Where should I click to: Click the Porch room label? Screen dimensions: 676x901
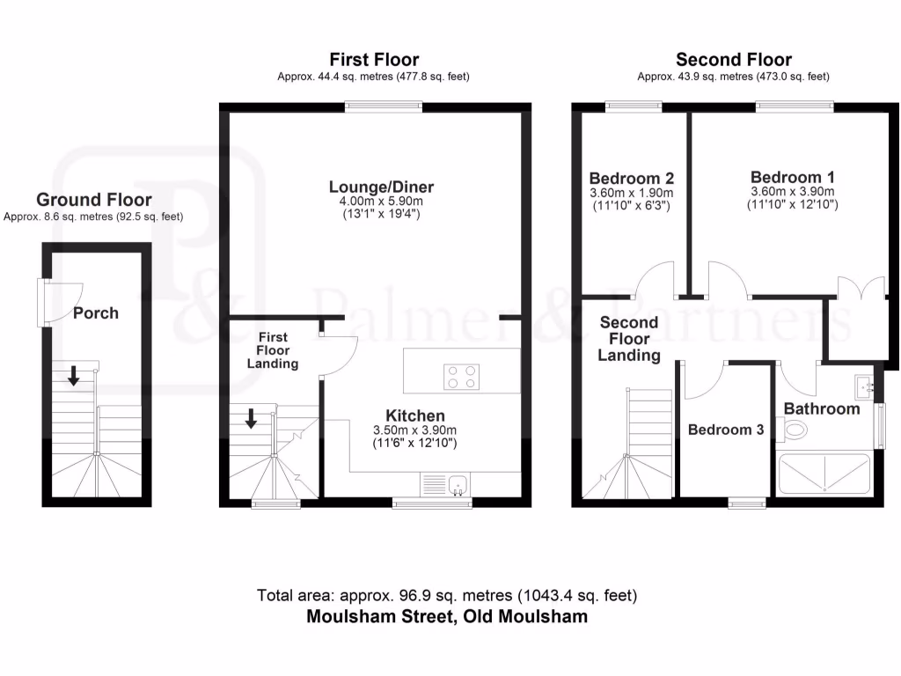tap(95, 312)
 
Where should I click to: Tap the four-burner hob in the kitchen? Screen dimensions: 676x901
tap(462, 376)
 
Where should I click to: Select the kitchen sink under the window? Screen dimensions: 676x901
tap(457, 484)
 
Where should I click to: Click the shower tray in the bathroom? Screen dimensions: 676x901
tap(824, 474)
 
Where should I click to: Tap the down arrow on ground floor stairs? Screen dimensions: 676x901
tap(74, 377)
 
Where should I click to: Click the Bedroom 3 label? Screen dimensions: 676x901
tap(725, 430)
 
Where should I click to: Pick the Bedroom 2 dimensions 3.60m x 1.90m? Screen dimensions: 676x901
tap(632, 193)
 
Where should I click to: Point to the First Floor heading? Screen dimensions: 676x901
tap(374, 60)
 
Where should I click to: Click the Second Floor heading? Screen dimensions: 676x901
tap(733, 60)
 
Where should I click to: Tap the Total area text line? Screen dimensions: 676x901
tap(447, 596)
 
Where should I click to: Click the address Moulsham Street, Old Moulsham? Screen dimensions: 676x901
tap(447, 616)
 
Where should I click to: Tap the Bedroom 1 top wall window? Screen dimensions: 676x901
tap(795, 107)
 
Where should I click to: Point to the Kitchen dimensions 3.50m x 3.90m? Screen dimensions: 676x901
tap(415, 430)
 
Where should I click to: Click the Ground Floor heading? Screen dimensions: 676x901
tap(93, 200)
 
